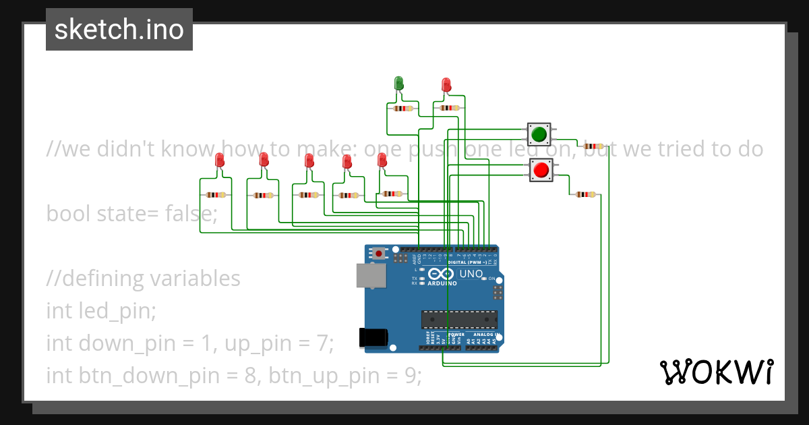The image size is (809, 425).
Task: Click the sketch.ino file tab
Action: point(119,30)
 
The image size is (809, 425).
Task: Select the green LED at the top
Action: point(398,84)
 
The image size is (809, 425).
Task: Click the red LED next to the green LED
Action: point(446,85)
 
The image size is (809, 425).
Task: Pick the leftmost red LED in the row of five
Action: point(219,161)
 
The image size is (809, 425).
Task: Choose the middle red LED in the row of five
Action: point(309,161)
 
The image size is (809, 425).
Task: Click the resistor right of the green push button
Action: point(593,146)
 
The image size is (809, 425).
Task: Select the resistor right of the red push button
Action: point(585,194)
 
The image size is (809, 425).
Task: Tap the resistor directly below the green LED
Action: point(402,108)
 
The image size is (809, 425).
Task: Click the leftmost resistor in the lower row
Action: point(216,195)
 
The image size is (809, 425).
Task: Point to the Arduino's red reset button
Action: point(379,254)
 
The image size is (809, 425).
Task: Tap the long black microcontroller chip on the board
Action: point(459,319)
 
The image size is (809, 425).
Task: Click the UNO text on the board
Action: point(471,274)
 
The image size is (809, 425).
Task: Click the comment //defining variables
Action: point(143,278)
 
